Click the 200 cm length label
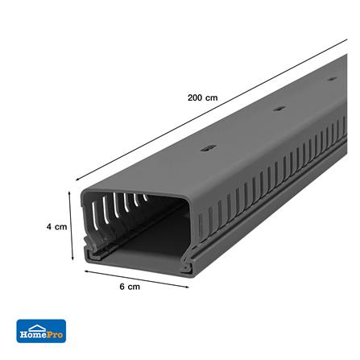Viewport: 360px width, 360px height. [202, 97]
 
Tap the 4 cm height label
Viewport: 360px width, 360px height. [56, 227]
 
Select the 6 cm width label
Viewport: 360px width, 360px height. [129, 287]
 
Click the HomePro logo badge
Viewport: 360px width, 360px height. [41, 330]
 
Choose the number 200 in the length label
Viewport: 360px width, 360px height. [196, 97]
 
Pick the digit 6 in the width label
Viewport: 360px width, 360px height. [122, 287]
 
